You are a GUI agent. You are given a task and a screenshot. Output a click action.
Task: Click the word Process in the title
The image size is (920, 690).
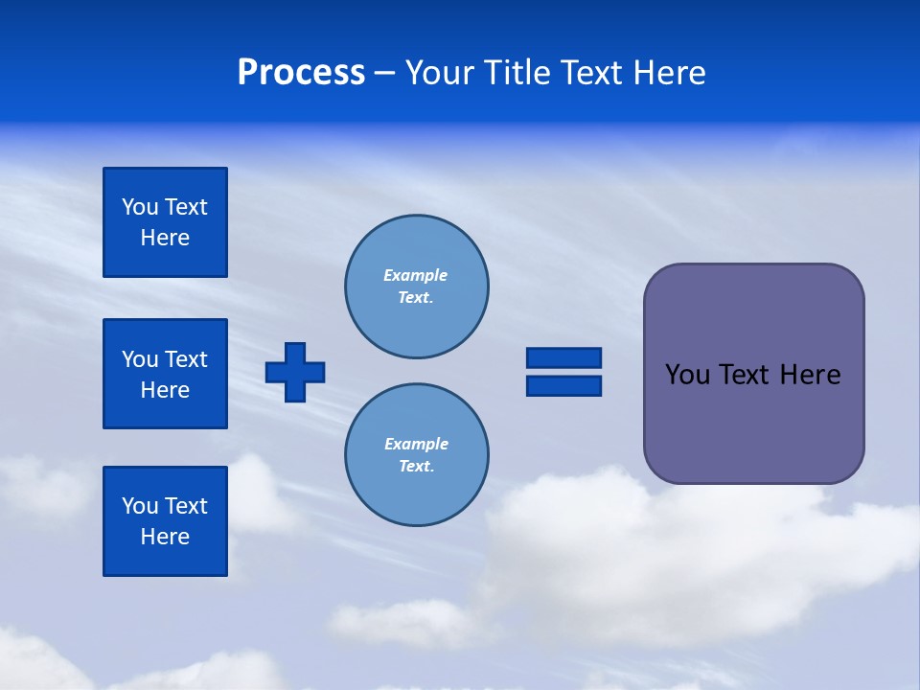(301, 73)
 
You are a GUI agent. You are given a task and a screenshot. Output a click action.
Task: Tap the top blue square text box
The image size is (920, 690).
(165, 222)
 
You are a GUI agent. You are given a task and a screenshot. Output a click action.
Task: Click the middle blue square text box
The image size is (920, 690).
(165, 374)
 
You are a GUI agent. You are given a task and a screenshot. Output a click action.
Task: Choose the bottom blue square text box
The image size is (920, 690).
(165, 521)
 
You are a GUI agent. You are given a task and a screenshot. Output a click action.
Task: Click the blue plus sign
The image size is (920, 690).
(295, 372)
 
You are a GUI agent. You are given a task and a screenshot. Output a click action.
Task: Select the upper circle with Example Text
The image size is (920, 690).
(416, 287)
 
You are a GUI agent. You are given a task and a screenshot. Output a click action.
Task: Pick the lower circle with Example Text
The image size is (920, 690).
(416, 455)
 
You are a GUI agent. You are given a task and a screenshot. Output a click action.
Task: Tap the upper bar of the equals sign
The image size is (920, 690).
(563, 357)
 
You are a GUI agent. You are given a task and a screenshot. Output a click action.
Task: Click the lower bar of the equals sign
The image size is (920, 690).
(563, 385)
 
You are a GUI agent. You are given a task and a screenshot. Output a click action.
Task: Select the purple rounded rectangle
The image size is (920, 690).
(753, 422)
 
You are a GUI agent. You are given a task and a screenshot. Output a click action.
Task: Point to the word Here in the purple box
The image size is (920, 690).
(810, 375)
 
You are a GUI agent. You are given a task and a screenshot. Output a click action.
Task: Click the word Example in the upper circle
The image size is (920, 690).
(416, 276)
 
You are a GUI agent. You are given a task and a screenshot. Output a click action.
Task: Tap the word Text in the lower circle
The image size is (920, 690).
(415, 467)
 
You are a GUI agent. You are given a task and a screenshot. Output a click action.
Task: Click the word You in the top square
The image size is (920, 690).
(139, 207)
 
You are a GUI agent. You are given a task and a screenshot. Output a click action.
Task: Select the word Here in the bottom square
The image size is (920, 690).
(165, 537)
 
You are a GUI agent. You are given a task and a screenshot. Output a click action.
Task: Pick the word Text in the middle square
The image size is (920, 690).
(186, 359)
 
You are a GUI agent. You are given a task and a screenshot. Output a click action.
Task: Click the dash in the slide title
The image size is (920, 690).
(384, 73)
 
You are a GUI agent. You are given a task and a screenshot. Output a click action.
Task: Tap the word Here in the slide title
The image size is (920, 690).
(670, 73)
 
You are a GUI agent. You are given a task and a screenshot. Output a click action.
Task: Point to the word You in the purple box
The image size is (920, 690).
(687, 375)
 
